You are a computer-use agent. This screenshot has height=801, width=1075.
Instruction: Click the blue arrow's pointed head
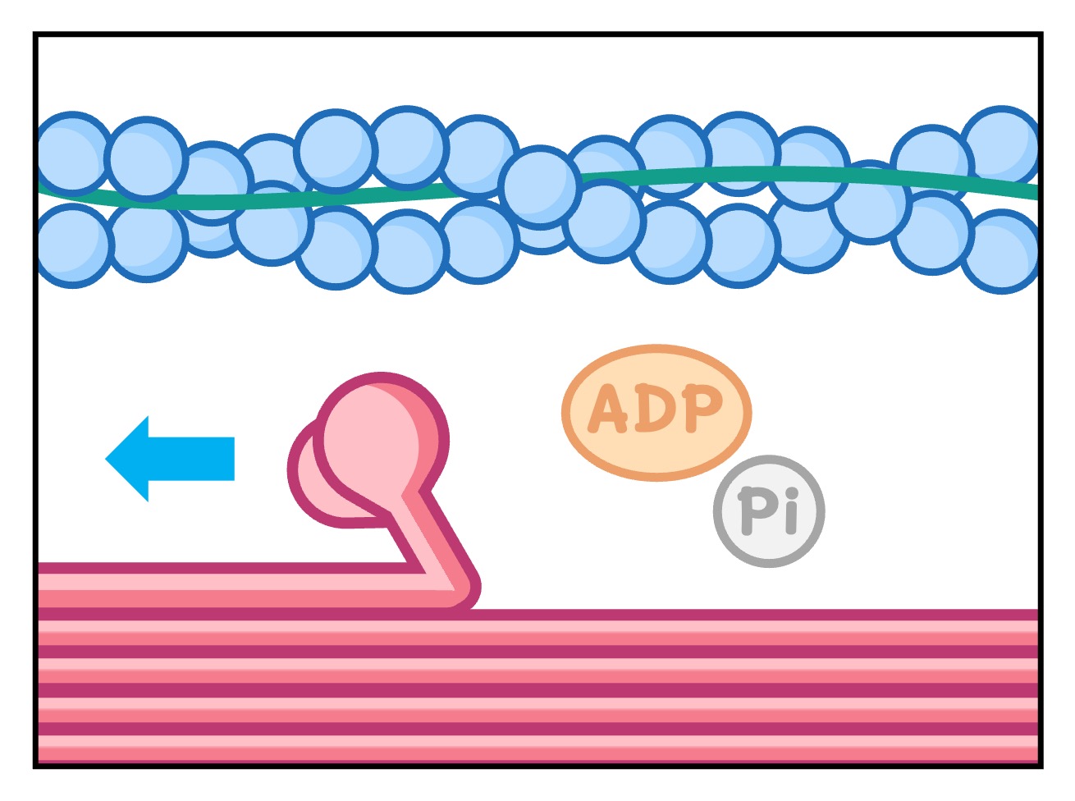pos(123,459)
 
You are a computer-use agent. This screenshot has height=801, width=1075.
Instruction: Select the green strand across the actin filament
pos(739,175)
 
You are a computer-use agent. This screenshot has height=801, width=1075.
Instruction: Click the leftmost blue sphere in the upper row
pos(72,153)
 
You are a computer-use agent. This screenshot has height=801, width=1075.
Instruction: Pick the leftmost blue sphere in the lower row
pos(72,245)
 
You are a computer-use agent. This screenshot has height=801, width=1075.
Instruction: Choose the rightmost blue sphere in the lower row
pos(1002,250)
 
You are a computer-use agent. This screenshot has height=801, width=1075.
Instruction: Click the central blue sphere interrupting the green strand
pos(540,187)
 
